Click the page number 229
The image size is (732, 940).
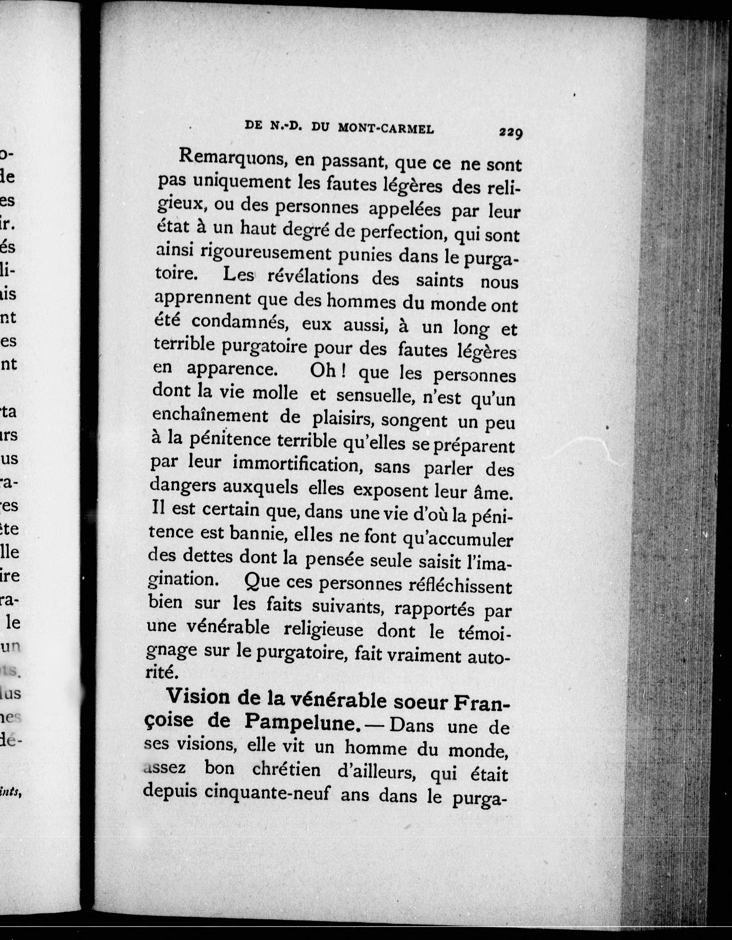click(x=511, y=133)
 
